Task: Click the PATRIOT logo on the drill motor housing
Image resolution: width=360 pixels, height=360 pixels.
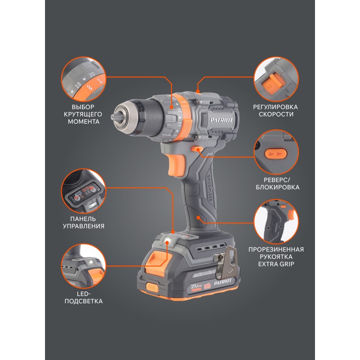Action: (221, 120)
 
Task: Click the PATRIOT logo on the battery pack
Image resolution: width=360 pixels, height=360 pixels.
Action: (223, 282)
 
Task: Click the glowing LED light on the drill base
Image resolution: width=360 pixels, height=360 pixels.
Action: (167, 242)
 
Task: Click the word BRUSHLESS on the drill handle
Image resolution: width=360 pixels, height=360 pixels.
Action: (209, 188)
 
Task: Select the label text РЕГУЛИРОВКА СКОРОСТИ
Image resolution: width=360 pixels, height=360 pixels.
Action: (275, 110)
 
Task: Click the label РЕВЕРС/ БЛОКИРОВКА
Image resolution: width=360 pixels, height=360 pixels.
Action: (277, 184)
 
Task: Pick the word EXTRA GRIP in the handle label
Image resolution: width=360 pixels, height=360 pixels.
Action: (276, 264)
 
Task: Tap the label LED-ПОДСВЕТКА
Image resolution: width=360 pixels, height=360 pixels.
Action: (84, 297)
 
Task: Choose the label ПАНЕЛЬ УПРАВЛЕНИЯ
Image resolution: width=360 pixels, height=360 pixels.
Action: (84, 222)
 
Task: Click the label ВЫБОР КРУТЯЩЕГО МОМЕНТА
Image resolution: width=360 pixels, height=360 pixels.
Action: (83, 114)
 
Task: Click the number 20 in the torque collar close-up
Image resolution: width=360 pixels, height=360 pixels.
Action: (92, 74)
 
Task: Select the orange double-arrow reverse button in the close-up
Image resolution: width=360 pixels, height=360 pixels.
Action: (275, 153)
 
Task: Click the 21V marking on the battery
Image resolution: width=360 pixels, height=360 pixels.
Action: (195, 287)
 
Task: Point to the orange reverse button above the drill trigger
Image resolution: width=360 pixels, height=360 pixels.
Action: (195, 149)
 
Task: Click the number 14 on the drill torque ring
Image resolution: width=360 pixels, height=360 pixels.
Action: (179, 124)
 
